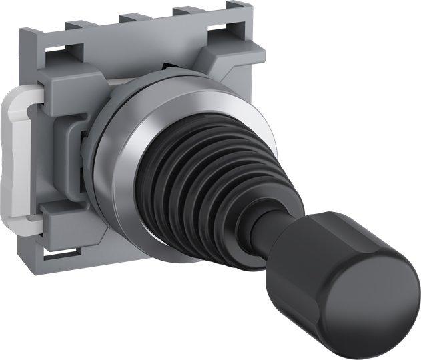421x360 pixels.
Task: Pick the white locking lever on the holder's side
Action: click(20, 153)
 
